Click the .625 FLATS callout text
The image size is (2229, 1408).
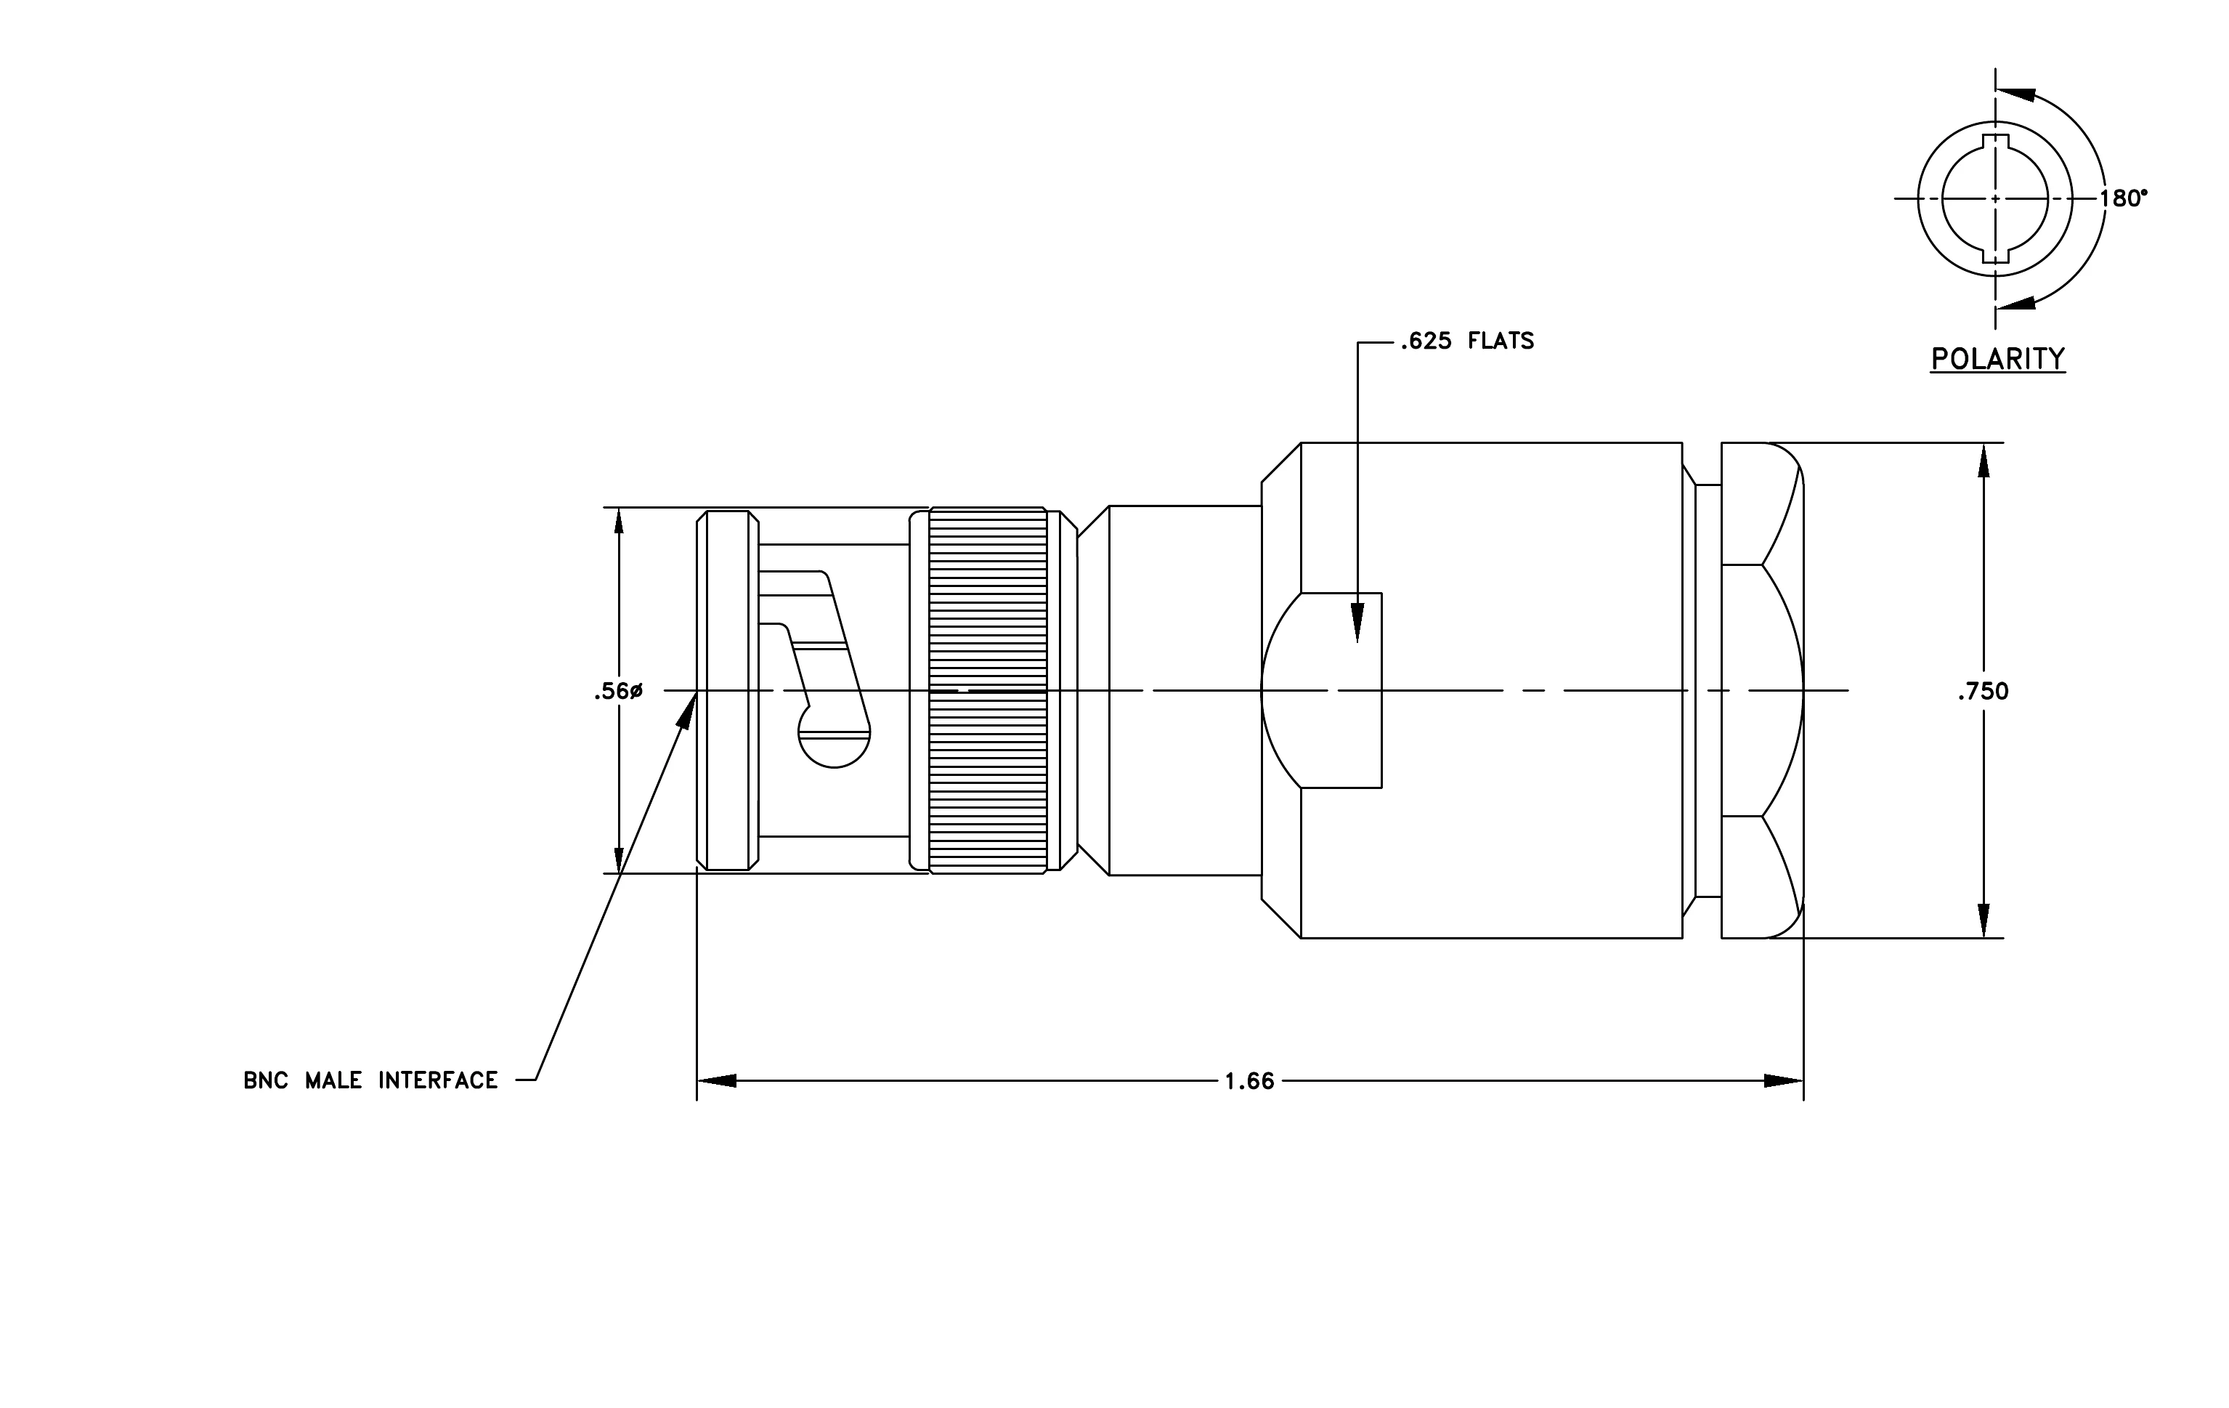pyautogui.click(x=1467, y=341)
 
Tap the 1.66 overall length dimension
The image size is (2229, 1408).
pyautogui.click(x=1250, y=1081)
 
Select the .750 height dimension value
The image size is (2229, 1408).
pyautogui.click(x=1983, y=692)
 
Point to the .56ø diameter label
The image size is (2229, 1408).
pyautogui.click(x=618, y=692)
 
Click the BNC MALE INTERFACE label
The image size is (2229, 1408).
pyautogui.click(x=370, y=1080)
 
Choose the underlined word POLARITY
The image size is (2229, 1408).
pyautogui.click(x=1997, y=358)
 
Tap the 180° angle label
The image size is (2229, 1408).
pyautogui.click(x=2122, y=198)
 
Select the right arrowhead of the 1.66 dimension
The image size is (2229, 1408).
pyautogui.click(x=1784, y=1080)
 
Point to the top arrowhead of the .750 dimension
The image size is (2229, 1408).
pyautogui.click(x=1983, y=463)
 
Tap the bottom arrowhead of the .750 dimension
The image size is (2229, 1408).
pyautogui.click(x=1983, y=918)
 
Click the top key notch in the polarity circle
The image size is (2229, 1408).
pyautogui.click(x=1995, y=142)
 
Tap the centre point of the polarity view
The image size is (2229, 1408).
pyautogui.click(x=1995, y=198)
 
